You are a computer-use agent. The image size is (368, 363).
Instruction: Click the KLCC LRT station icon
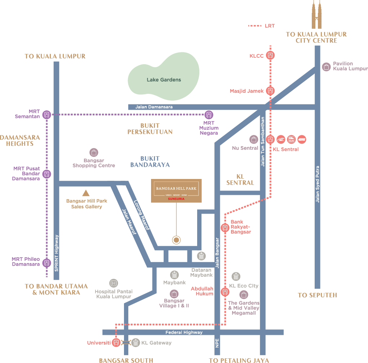pos(270,55)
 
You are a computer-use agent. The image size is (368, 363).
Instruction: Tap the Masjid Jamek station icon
pos(270,91)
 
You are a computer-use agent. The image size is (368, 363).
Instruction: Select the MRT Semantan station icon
pos(46,115)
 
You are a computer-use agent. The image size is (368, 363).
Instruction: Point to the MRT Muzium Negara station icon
pos(209,115)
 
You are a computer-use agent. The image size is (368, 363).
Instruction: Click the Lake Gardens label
pos(164,80)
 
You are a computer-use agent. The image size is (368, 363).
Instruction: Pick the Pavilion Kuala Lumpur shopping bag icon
pos(326,67)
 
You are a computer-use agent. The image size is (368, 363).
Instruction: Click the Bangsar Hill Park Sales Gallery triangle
pos(86,193)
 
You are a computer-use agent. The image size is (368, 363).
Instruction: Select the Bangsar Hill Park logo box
pos(176,191)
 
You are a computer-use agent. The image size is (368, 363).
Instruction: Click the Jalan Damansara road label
pos(154,107)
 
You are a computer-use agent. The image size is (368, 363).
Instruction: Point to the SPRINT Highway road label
pos(56,253)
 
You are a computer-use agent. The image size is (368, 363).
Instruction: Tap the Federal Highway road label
pos(184,332)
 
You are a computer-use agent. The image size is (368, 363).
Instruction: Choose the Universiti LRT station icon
pos(116,342)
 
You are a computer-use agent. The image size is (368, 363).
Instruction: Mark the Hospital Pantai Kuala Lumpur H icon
pos(114,283)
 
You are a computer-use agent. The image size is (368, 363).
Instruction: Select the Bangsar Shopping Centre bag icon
pos(94,152)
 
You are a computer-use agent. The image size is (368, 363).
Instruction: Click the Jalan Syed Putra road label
pos(318,184)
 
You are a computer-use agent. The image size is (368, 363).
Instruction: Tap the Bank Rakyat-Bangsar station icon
pos(225,228)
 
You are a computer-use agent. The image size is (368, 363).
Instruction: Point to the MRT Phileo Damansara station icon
pos(46,263)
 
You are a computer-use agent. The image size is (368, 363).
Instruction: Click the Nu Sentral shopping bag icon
pos(254,139)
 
